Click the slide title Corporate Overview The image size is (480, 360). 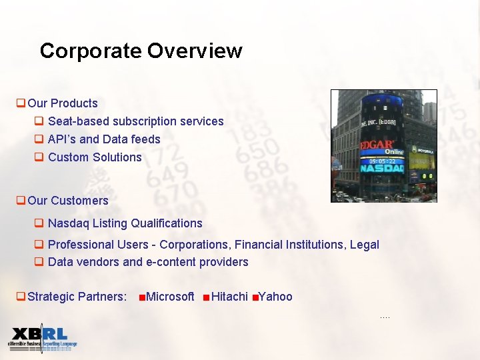141,51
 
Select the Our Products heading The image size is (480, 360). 63,103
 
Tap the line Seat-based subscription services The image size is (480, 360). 135,121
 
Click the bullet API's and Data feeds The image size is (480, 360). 104,139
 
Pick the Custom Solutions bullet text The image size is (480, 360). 95,157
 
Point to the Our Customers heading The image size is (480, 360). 68,201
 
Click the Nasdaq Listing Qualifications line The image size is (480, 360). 125,223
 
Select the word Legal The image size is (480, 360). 364,245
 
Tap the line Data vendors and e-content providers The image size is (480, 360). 148,262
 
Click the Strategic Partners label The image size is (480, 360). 77,297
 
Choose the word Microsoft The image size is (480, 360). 170,297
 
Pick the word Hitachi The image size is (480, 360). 229,297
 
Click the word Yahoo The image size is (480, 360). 275,297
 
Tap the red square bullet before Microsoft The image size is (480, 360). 142,297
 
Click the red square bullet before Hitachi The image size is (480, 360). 207,297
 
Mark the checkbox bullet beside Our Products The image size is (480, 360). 21,103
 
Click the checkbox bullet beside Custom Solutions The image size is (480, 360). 39,157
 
